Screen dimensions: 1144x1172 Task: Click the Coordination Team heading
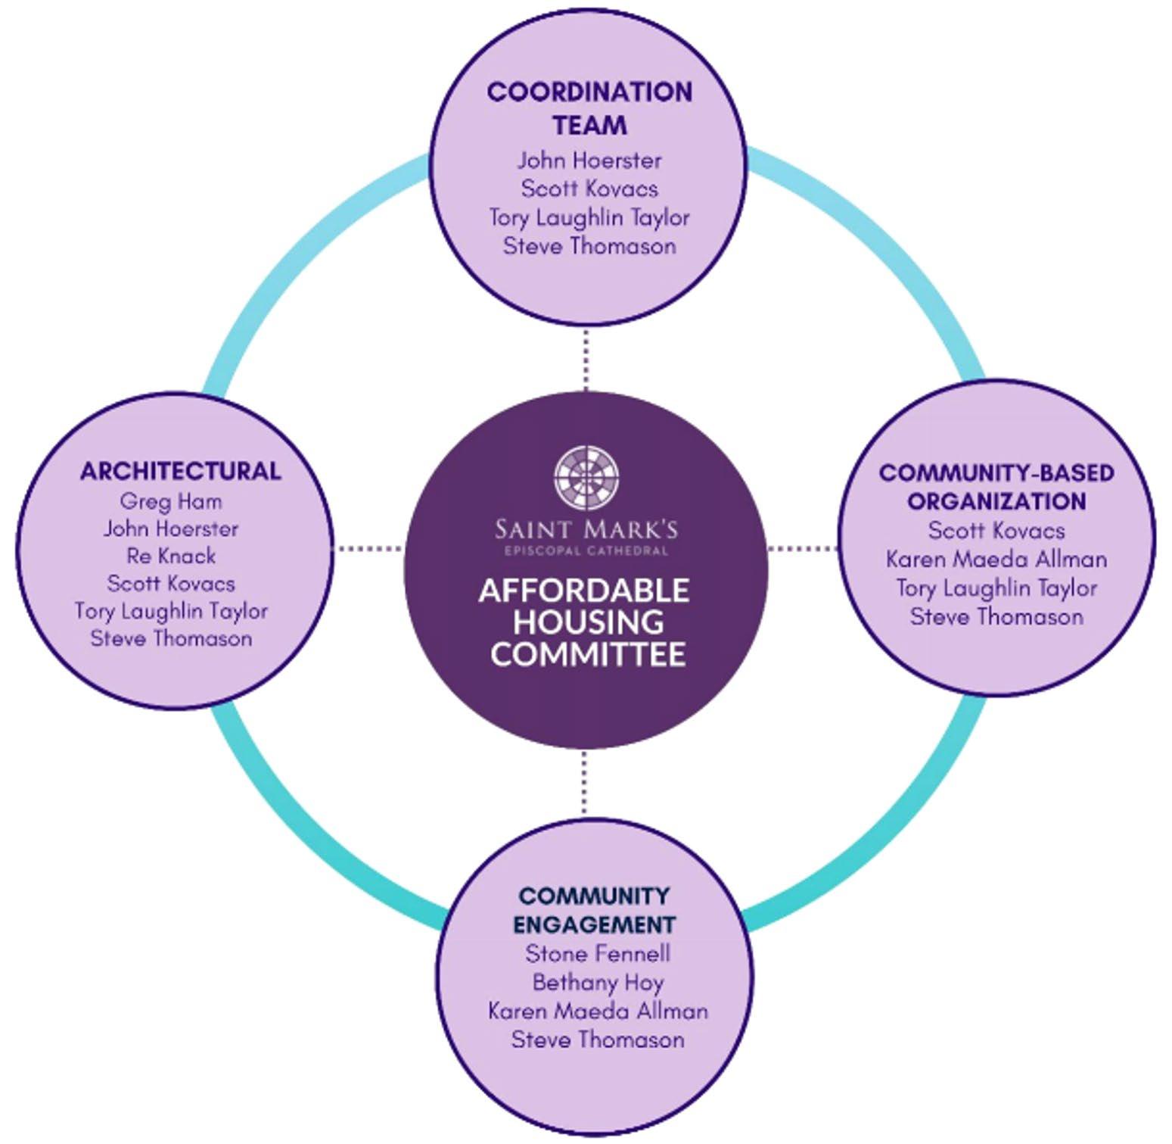click(x=589, y=108)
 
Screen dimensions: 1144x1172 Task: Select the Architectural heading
click(x=180, y=471)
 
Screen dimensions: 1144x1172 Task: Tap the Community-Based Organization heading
click(x=996, y=487)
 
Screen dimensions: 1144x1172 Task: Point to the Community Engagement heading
click(x=594, y=910)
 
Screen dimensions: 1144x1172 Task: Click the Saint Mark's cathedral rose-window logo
click(x=586, y=477)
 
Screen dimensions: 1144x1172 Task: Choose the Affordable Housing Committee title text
click(x=585, y=622)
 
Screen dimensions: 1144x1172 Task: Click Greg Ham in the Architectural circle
click(x=171, y=501)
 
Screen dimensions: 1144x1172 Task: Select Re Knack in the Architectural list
click(x=171, y=556)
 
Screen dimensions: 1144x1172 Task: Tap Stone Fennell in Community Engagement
click(x=598, y=953)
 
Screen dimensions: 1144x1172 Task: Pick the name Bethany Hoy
click(x=598, y=982)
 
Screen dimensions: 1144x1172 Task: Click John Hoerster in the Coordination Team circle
click(x=589, y=161)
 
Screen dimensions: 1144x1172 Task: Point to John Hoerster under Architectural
click(x=171, y=528)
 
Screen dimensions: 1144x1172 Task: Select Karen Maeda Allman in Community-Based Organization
click(x=996, y=560)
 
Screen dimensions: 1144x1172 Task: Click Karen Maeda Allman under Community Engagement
click(x=598, y=1011)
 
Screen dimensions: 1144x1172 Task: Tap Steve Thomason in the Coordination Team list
click(x=589, y=246)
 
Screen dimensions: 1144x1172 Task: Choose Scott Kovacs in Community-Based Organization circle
click(x=996, y=530)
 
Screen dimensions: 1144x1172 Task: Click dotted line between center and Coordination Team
click(x=586, y=360)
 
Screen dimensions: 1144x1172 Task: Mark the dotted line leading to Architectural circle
click(x=368, y=548)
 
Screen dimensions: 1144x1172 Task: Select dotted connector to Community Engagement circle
click(x=584, y=784)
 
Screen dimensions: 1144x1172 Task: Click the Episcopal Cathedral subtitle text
click(x=586, y=550)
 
